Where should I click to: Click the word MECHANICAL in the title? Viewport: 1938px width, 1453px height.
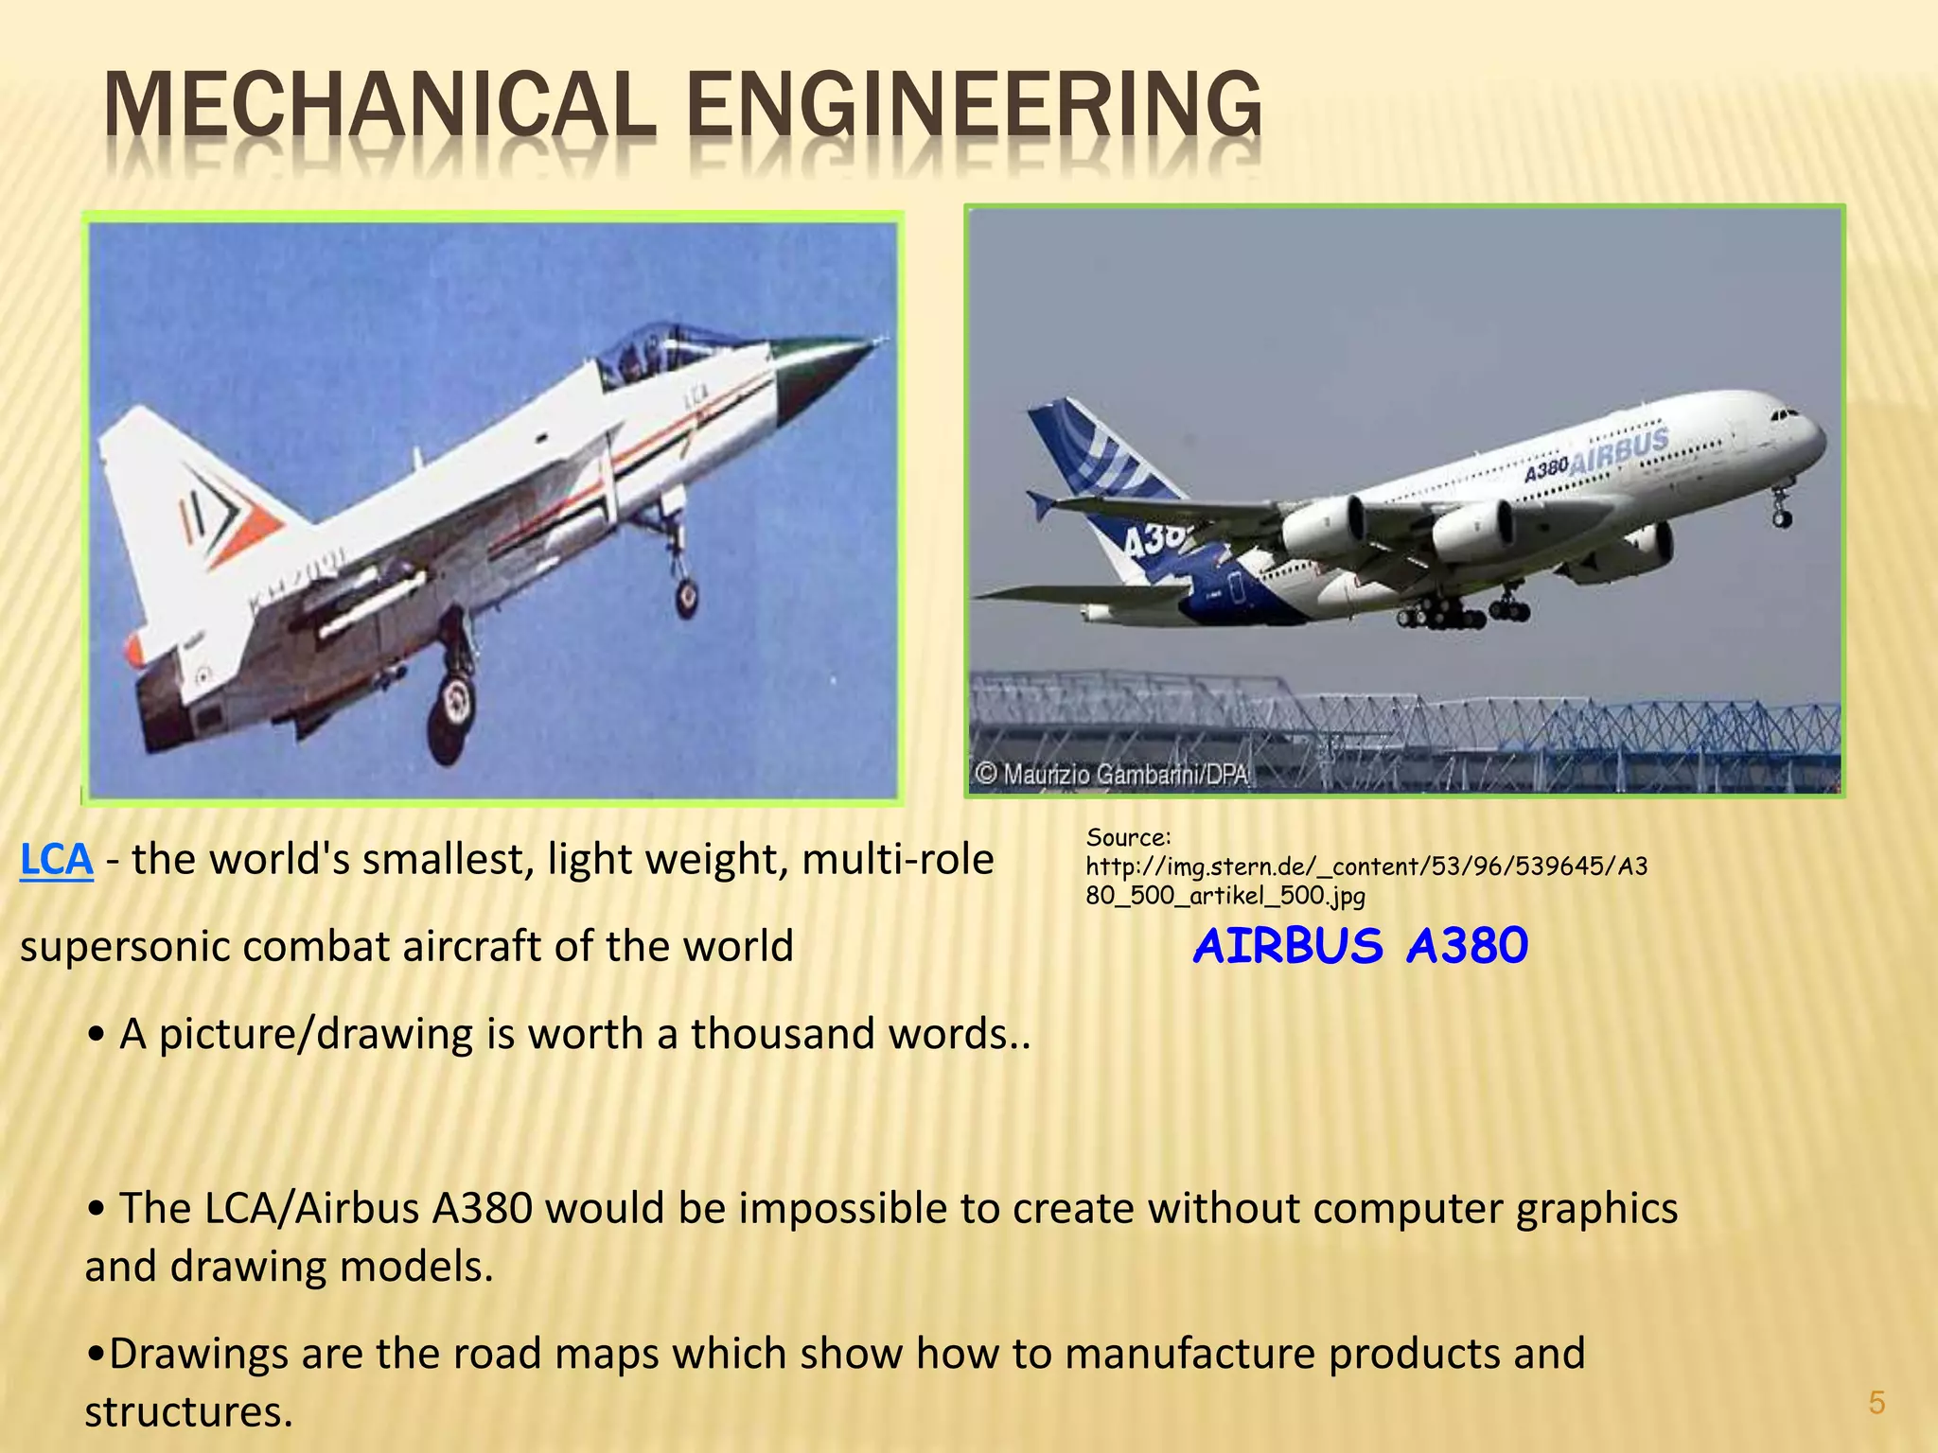(x=379, y=106)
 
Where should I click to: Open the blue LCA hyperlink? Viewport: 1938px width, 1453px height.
(x=56, y=860)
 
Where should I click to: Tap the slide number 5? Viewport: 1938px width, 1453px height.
(x=1876, y=1403)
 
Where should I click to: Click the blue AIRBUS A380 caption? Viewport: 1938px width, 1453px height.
(x=1360, y=946)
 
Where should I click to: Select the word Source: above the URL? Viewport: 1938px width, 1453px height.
(x=1128, y=837)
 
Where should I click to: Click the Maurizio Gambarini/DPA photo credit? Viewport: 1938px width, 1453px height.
(x=1112, y=775)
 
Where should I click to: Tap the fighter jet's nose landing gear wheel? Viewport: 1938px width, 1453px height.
(x=686, y=596)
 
